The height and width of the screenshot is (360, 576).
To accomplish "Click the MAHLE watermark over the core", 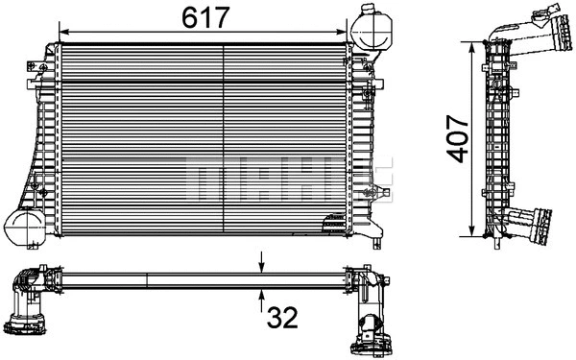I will coord(288,177).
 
